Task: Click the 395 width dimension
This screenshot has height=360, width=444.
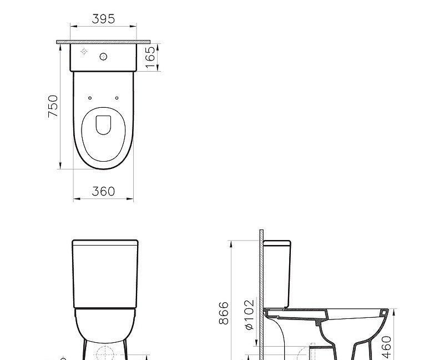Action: point(103,19)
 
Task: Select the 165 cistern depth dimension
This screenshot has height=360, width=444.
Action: point(150,57)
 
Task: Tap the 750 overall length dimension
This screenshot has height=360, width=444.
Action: point(53,106)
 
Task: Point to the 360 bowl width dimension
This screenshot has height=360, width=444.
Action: point(103,191)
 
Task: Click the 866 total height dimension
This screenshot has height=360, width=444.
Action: point(224,314)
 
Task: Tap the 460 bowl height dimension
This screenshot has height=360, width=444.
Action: point(387,346)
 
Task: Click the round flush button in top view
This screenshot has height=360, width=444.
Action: point(103,56)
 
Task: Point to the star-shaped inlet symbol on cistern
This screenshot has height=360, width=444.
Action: point(84,52)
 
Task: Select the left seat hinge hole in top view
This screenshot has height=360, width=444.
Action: point(90,98)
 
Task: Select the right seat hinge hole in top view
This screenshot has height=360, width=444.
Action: point(117,98)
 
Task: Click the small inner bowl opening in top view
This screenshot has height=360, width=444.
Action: point(103,124)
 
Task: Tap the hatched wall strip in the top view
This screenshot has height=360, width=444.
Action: point(103,42)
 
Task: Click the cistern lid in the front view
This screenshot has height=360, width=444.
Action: point(105,242)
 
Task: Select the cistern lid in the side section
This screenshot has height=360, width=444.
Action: point(277,243)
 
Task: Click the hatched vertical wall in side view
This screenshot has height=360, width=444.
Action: point(260,278)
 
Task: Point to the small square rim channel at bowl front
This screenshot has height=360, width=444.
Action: point(384,314)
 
